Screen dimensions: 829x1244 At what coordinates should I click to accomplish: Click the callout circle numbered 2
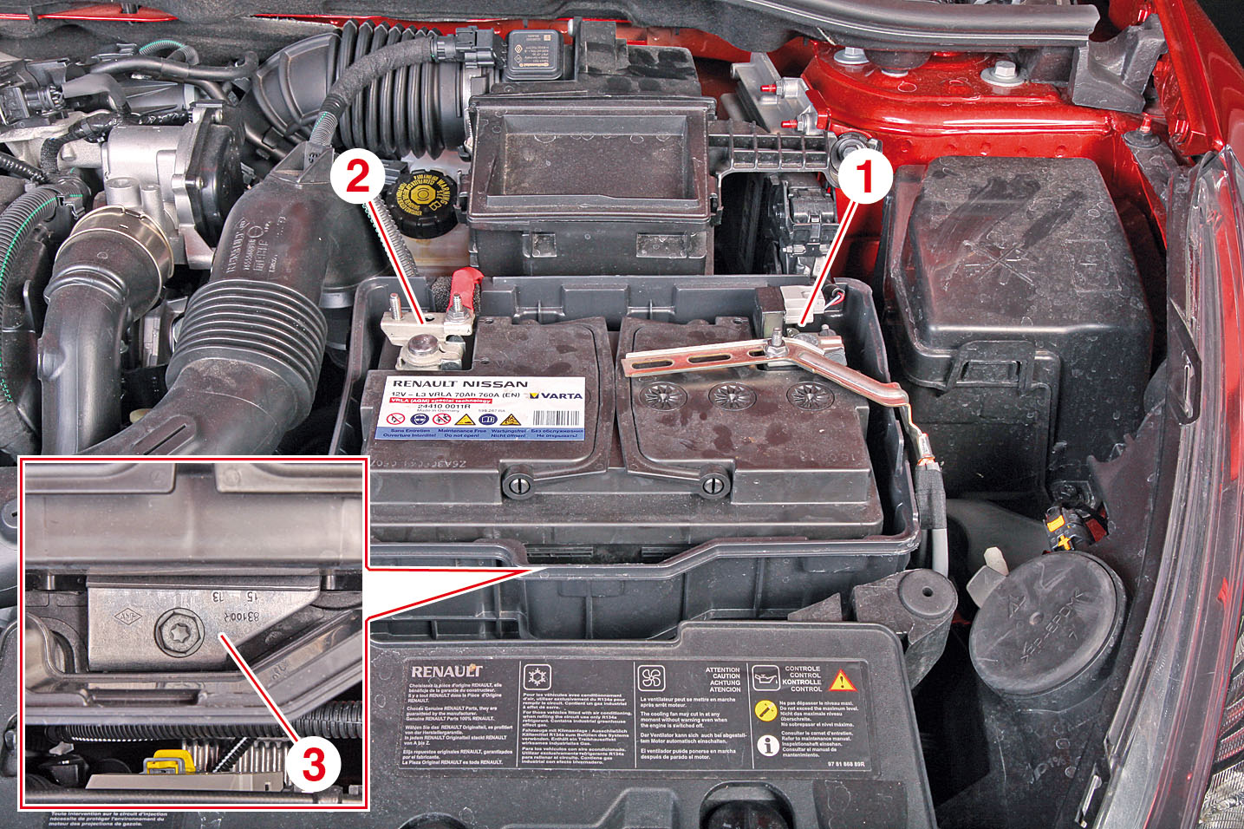(x=356, y=178)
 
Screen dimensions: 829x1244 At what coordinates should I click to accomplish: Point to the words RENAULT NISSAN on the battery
(x=459, y=383)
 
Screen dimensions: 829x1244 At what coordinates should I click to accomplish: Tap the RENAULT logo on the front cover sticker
(x=446, y=671)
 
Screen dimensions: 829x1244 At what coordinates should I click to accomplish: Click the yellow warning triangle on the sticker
(x=841, y=680)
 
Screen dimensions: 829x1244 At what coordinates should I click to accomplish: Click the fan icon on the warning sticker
(x=651, y=677)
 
